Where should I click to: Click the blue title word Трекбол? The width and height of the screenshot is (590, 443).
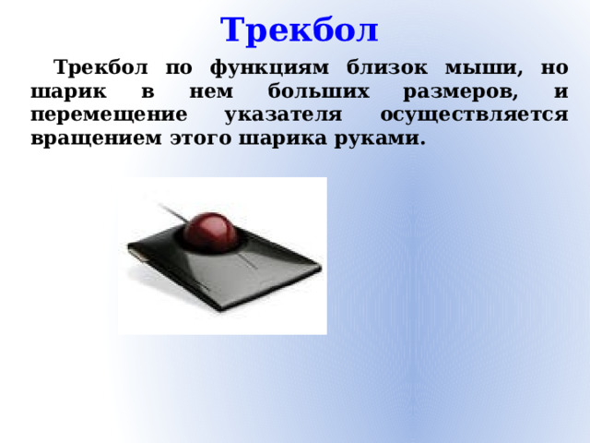pos(300,30)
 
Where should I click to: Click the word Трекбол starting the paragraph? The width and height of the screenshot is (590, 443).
pos(98,68)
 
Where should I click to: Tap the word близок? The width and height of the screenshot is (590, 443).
pos(385,68)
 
